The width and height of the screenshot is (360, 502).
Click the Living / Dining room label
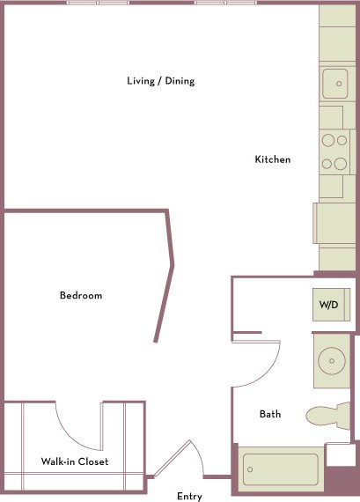pyautogui.click(x=160, y=81)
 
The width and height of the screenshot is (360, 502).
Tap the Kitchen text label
pyautogui.click(x=272, y=159)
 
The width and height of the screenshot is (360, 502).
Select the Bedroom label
pyautogui.click(x=81, y=295)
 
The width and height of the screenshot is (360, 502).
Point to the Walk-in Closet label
pyautogui.click(x=75, y=461)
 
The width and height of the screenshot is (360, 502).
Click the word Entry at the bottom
pyautogui.click(x=189, y=497)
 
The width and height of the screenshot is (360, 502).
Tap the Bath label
pyautogui.click(x=270, y=414)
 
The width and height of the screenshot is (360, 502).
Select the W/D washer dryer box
pyautogui.click(x=328, y=305)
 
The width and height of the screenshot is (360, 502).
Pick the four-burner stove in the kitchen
pyautogui.click(x=334, y=151)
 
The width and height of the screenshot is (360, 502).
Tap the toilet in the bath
pyautogui.click(x=327, y=416)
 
